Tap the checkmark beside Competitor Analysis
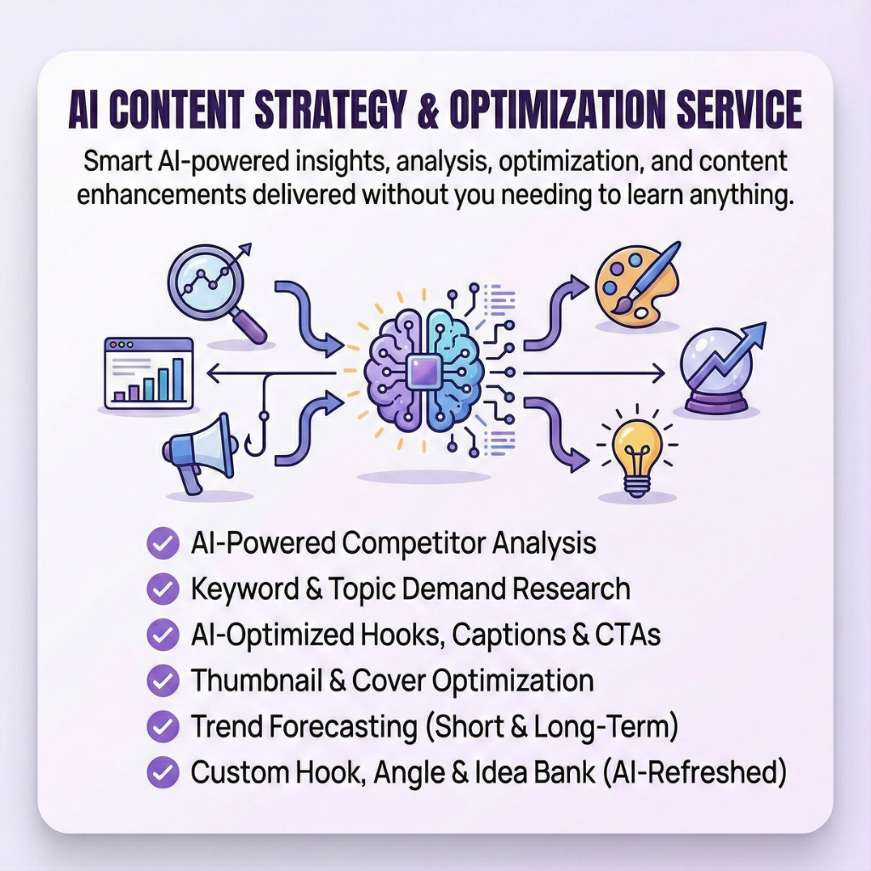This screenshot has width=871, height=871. pyautogui.click(x=162, y=542)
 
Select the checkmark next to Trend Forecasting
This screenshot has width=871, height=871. pyautogui.click(x=162, y=726)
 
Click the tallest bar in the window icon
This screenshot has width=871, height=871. pyautogui.click(x=178, y=378)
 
